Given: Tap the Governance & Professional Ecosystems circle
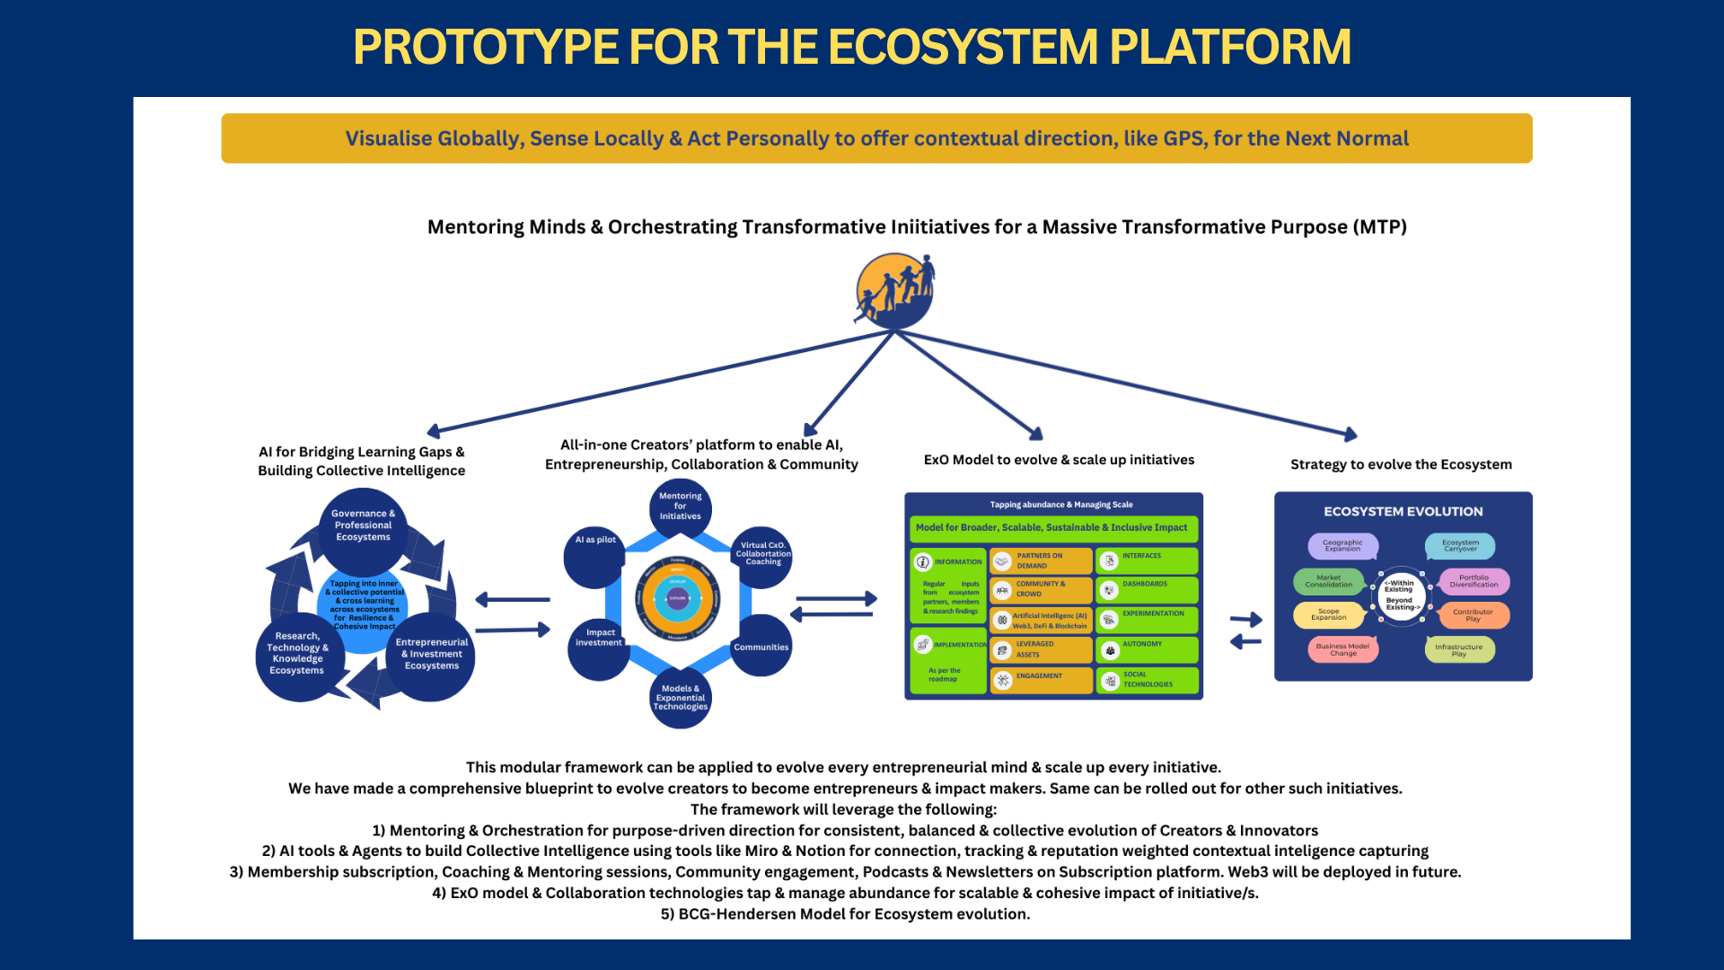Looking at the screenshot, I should click(363, 530).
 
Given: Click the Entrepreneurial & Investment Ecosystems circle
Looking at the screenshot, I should click(431, 657).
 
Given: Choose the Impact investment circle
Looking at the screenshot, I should click(599, 647).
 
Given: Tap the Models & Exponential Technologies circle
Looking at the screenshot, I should click(681, 698).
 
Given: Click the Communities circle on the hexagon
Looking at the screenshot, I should click(761, 647).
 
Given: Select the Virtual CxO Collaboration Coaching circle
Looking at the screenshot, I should click(762, 555).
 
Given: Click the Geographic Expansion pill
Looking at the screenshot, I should click(1342, 546).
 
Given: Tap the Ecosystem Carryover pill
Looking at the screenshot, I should click(1460, 546).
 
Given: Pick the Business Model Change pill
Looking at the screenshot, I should click(1342, 649).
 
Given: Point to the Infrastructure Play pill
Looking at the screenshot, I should click(1459, 649).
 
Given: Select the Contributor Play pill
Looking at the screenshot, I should click(1473, 615).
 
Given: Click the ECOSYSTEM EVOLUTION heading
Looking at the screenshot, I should click(1403, 512).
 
